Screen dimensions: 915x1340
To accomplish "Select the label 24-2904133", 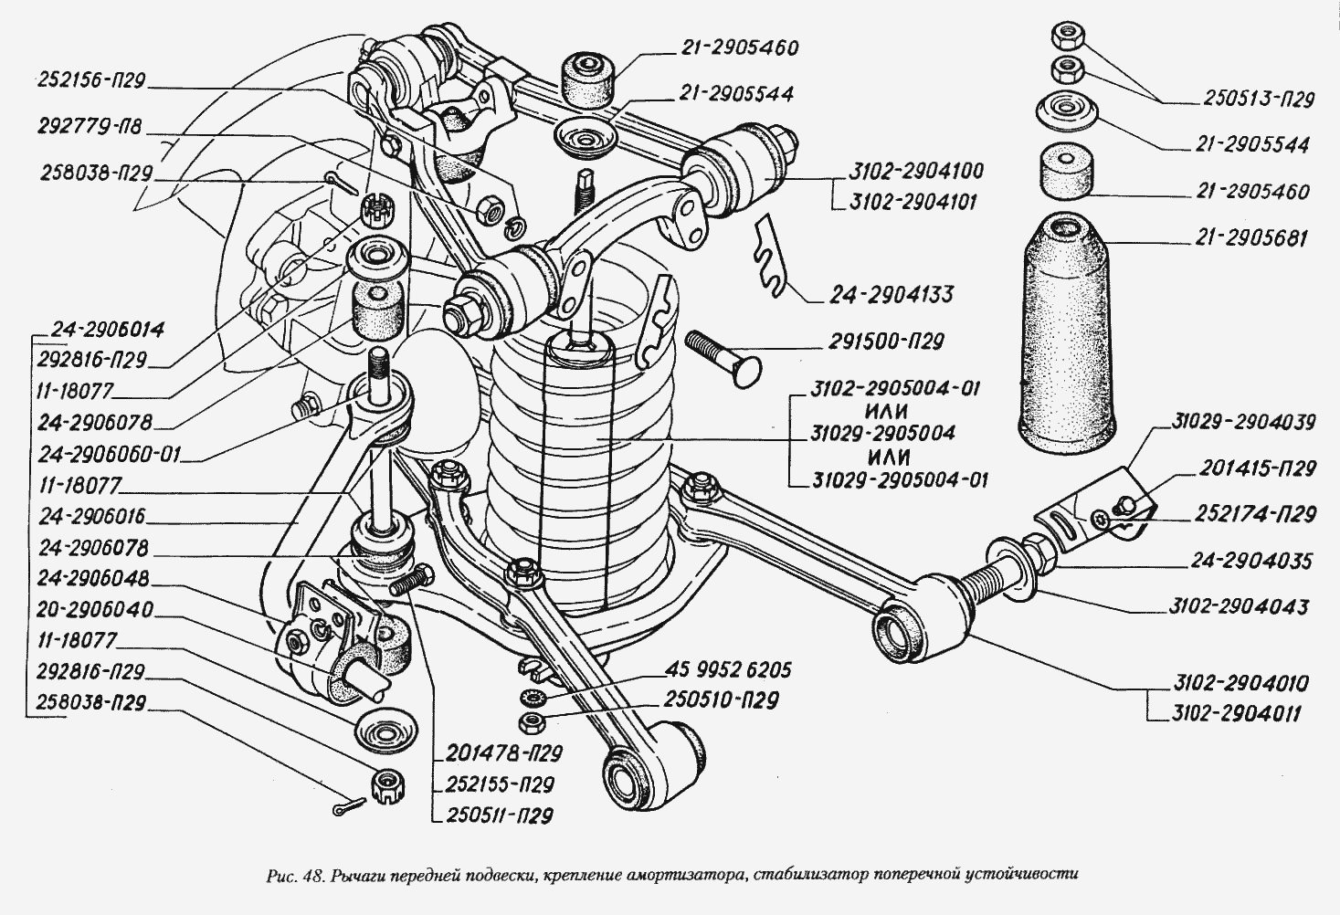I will pyautogui.click(x=891, y=295).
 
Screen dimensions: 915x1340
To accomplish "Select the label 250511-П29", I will pyautogui.click(x=500, y=815).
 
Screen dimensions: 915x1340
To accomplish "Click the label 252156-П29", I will pyautogui.click(x=91, y=80).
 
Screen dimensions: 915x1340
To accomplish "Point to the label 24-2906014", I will pyautogui.click(x=108, y=330).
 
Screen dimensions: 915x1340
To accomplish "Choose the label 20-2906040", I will pyautogui.click(x=97, y=609).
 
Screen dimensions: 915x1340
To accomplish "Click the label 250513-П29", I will pyautogui.click(x=1259, y=100).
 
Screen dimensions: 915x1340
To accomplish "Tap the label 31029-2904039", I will pyautogui.click(x=1244, y=422).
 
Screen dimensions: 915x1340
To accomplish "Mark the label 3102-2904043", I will pyautogui.click(x=1240, y=606).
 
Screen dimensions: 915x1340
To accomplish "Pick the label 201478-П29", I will pyautogui.click(x=504, y=753).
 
